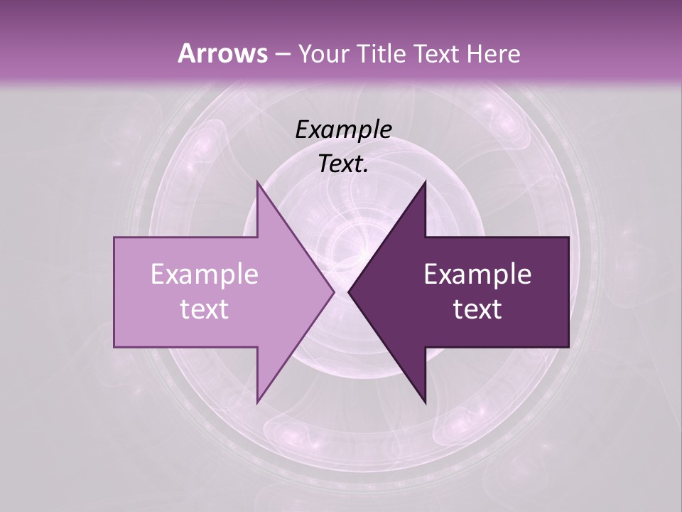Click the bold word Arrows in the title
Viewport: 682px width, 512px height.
(222, 53)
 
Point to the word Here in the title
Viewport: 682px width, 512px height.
(494, 54)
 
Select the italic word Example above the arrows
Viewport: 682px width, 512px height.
(343, 129)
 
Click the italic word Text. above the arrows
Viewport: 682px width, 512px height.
(343, 164)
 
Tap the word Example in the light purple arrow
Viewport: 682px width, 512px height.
(205, 274)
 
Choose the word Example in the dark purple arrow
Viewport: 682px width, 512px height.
(477, 274)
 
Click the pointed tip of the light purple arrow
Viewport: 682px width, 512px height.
(334, 292)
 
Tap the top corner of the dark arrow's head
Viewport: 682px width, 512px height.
(425, 181)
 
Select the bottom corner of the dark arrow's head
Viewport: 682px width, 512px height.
(425, 403)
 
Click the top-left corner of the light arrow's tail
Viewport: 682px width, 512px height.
(114, 238)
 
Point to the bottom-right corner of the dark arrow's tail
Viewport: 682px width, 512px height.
(568, 347)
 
